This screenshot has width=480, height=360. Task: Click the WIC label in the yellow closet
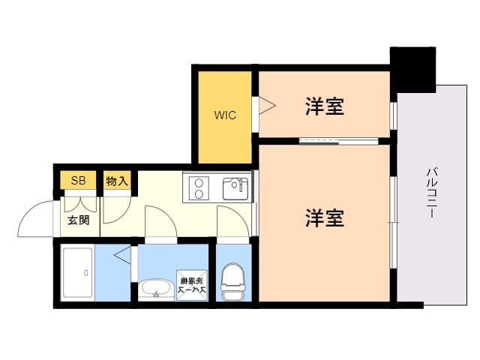(x=225, y=115)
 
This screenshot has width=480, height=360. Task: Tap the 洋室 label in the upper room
(x=325, y=107)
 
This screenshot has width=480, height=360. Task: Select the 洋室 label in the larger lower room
(x=325, y=218)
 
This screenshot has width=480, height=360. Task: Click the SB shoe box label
(x=78, y=181)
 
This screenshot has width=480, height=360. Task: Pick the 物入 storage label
(x=117, y=181)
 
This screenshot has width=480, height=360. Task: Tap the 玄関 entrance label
(x=79, y=220)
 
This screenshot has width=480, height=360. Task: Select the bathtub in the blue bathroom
(x=78, y=272)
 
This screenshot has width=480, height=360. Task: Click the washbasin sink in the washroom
(x=155, y=289)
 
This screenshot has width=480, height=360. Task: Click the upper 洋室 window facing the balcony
(x=393, y=114)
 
